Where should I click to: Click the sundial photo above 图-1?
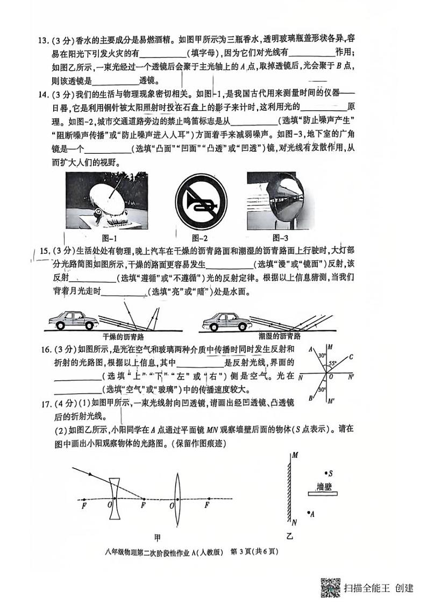coord(100,201)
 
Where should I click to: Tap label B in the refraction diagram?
coord(311,398)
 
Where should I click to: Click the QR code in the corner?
coord(330,587)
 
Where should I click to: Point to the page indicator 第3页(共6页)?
coord(254,551)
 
